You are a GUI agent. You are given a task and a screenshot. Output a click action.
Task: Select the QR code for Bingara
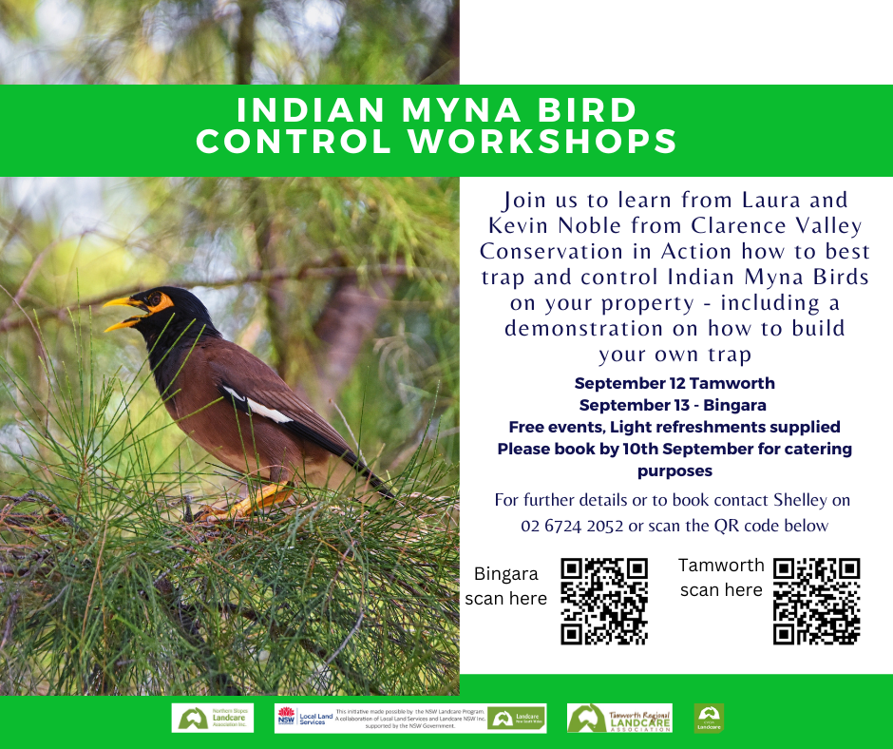click(604, 601)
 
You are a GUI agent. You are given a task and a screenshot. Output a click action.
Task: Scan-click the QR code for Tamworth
click(816, 601)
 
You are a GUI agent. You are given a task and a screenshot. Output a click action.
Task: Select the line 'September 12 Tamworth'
click(674, 384)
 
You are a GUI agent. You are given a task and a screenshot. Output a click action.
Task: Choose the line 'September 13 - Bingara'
click(674, 405)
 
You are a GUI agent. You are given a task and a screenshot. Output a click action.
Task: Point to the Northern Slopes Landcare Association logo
click(213, 718)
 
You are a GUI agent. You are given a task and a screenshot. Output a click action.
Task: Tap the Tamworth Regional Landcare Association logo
click(619, 718)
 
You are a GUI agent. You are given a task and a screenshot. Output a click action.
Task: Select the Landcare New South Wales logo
click(517, 718)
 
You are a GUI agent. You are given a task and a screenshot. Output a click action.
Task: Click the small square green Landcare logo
click(708, 718)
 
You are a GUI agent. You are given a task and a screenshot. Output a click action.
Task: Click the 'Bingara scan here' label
click(505, 586)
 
